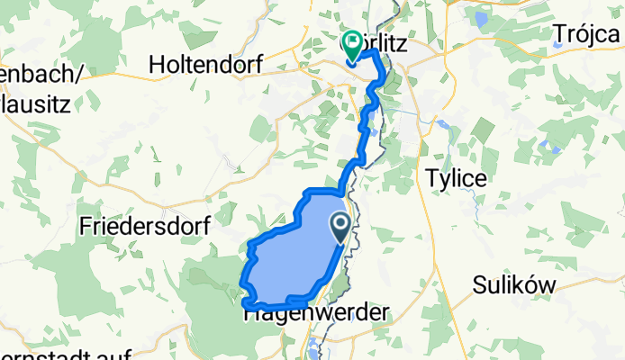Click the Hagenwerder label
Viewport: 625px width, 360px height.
317,313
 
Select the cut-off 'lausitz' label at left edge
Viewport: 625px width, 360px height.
36,103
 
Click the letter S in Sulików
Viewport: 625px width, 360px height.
479,285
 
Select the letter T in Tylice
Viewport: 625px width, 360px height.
430,177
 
